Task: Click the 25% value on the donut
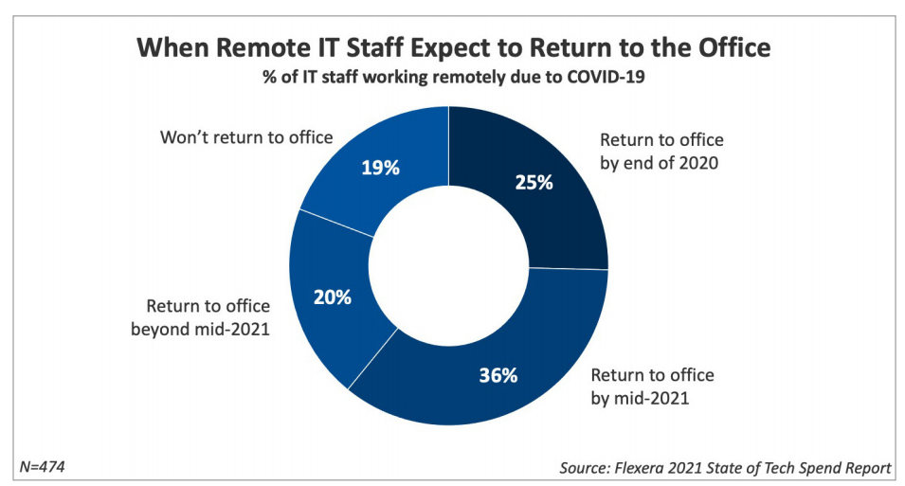point(534,182)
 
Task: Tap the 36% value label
point(498,375)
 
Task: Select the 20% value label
point(332,297)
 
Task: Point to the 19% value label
point(381,168)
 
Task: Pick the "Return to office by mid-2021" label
point(652,387)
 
